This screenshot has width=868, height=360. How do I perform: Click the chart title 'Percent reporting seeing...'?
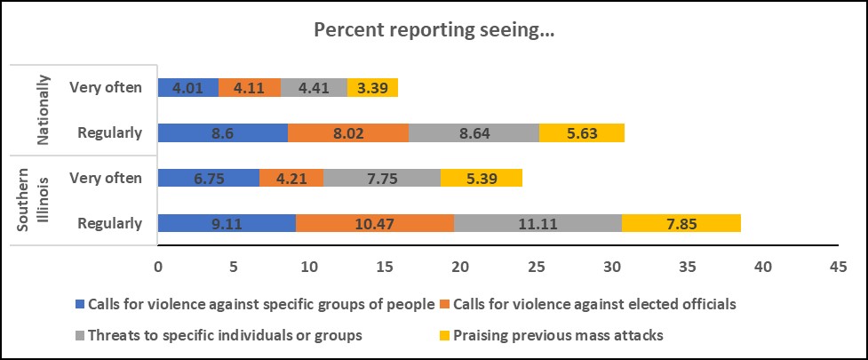coord(434,29)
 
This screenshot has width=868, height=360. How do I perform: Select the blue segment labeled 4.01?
coord(187,87)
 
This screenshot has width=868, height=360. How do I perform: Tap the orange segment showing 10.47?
coord(374,223)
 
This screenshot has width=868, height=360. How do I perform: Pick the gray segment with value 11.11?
coord(538,223)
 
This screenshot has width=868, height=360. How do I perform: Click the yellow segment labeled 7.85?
coord(681,223)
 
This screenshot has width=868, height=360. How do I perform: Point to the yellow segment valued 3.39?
coord(372,87)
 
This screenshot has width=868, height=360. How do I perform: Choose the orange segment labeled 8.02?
coord(347,132)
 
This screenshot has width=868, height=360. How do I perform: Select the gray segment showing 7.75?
coord(382,178)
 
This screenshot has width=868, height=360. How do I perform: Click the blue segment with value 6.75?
coord(208,178)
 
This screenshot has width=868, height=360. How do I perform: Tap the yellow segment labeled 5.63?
coord(582,132)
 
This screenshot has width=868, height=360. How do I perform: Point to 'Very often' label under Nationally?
coord(105,87)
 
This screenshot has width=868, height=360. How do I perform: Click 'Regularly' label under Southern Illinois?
coord(109,223)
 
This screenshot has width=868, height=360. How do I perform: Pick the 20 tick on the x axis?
coord(460,265)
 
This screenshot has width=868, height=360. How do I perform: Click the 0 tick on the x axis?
coord(158,265)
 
